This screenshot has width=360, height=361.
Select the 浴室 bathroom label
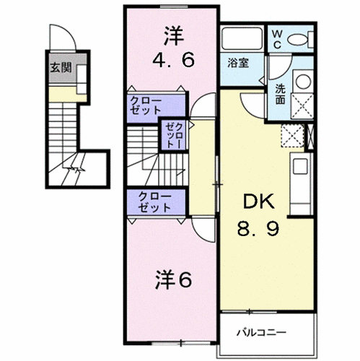[x=240, y=62]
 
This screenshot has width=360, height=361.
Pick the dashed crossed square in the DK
[x=294, y=136]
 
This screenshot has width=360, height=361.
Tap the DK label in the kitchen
[x=257, y=203]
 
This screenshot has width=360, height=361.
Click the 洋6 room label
[x=173, y=279]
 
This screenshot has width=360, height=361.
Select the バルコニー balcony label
[x=262, y=332]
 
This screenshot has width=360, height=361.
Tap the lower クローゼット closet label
[x=154, y=201]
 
